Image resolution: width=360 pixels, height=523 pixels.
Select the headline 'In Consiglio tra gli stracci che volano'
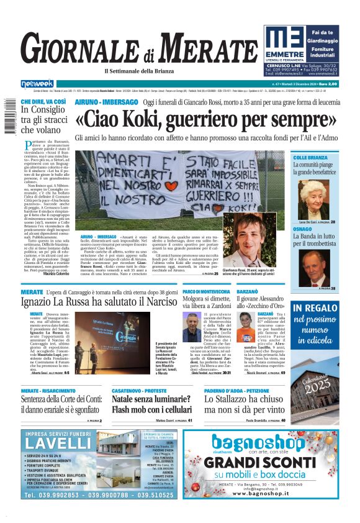tap(43, 120)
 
